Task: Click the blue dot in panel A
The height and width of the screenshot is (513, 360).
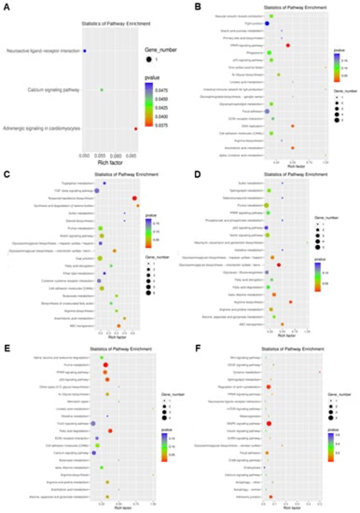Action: pyautogui.click(x=85, y=51)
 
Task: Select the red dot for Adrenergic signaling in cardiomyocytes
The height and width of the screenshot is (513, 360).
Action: pyautogui.click(x=136, y=128)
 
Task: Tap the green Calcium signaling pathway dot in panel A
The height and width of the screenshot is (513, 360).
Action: pyautogui.click(x=102, y=90)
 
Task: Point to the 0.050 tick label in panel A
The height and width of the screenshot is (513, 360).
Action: pyautogui.click(x=85, y=154)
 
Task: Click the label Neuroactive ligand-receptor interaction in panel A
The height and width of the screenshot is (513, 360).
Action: pyautogui.click(x=43, y=51)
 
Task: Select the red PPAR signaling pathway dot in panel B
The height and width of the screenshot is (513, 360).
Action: pyautogui.click(x=288, y=45)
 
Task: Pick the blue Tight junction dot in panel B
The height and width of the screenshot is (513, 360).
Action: pyautogui.click(x=268, y=23)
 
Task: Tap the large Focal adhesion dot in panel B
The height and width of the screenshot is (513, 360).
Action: pyautogui.click(x=268, y=112)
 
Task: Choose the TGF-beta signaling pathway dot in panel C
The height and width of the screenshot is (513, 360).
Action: pyautogui.click(x=97, y=190)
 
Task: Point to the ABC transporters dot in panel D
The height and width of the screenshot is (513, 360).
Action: pyautogui.click(x=281, y=324)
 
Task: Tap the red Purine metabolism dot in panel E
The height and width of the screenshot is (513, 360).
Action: pyautogui.click(x=105, y=364)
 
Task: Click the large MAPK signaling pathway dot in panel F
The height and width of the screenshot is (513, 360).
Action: pyautogui.click(x=269, y=424)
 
